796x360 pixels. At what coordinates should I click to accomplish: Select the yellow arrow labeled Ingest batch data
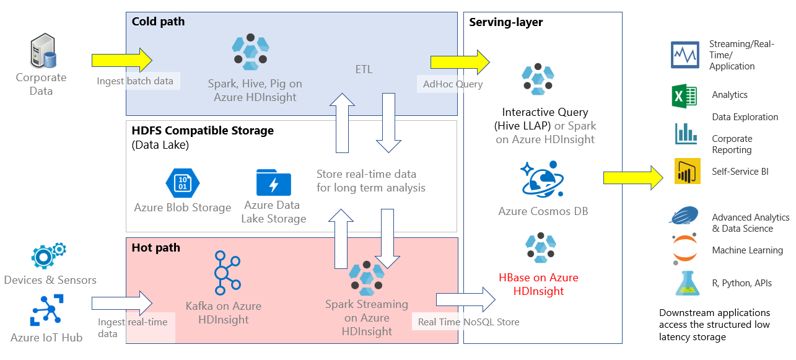(121, 60)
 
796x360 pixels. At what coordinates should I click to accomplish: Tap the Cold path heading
(158, 22)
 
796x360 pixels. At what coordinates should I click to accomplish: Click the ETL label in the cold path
(364, 69)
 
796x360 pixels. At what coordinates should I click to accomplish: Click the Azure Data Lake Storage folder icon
(273, 182)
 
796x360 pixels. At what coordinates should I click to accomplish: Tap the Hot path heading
(155, 248)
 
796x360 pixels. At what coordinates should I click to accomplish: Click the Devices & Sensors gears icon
(49, 255)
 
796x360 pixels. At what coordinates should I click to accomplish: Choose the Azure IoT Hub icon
(49, 310)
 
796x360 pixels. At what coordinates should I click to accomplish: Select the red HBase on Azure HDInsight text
(538, 284)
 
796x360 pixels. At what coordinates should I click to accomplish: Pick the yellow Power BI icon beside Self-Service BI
(687, 172)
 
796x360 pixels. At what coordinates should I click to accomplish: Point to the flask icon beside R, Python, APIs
(686, 283)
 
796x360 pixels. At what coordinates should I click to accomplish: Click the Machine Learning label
(747, 250)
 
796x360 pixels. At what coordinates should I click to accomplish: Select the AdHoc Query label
(452, 84)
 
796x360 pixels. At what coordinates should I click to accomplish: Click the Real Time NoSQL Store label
(468, 322)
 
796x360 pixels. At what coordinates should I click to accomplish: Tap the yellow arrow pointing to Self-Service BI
(632, 178)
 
